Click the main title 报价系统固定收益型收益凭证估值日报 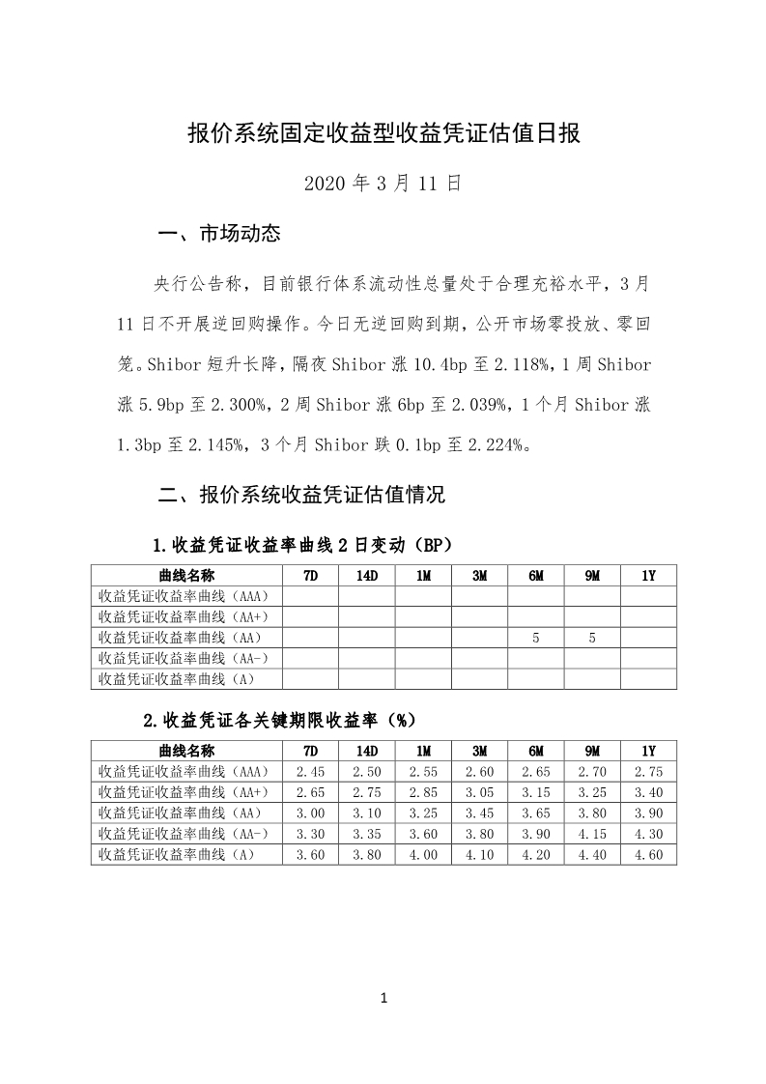click(383, 133)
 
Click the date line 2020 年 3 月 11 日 click(383, 183)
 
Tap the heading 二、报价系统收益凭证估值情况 click(301, 496)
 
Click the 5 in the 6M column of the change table click(535, 638)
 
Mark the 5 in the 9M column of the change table click(592, 638)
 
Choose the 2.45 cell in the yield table click(310, 772)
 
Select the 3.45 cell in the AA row click(479, 813)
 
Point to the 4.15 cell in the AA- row click(592, 834)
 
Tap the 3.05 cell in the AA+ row click(479, 792)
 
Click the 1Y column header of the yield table click(648, 751)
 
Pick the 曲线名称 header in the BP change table click(186, 575)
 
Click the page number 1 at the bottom click(383, 998)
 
